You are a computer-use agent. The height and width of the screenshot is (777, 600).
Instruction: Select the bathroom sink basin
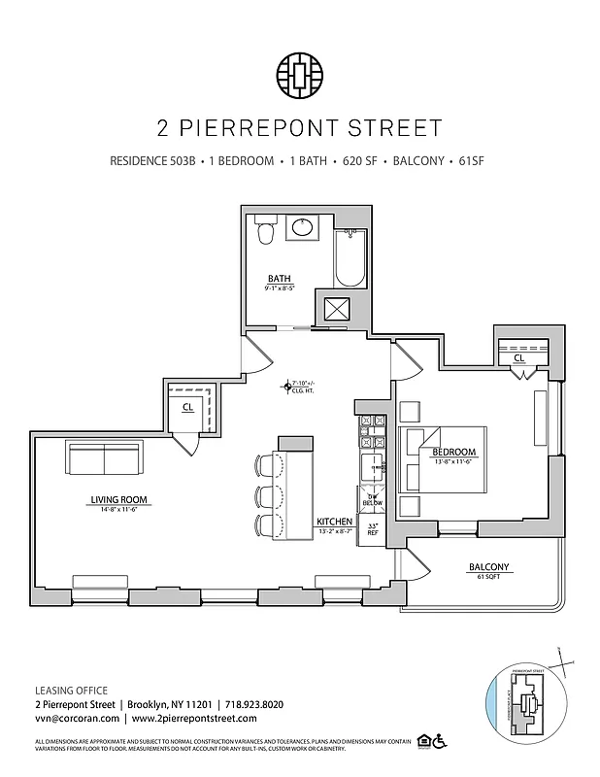(303, 229)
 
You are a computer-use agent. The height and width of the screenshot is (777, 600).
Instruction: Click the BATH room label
(280, 279)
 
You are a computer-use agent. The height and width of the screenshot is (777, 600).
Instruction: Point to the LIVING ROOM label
(112, 501)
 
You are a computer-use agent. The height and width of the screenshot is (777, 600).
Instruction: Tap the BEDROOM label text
(454, 452)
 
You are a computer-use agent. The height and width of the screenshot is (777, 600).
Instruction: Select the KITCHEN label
(335, 522)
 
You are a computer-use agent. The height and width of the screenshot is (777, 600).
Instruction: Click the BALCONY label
(488, 567)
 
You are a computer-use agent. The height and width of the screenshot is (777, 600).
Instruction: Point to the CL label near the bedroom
(519, 357)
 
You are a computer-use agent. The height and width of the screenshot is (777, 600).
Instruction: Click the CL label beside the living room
(186, 408)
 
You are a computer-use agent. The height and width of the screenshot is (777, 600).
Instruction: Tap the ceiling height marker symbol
(285, 386)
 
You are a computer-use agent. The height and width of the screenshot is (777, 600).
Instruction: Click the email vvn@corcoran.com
(77, 718)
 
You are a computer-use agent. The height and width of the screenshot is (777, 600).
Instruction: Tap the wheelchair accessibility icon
(439, 741)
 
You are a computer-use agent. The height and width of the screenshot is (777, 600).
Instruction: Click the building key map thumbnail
(525, 701)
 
